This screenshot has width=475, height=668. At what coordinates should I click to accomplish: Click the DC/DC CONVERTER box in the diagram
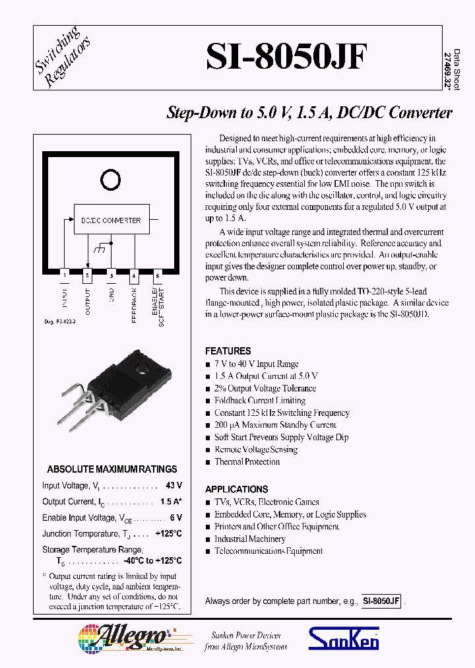pyautogui.click(x=111, y=220)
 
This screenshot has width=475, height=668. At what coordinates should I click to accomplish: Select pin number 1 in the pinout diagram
pyautogui.click(x=65, y=274)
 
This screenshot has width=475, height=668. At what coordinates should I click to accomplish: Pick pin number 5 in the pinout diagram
pyautogui.click(x=157, y=274)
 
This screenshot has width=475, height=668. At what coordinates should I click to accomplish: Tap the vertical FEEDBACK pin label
pyautogui.click(x=134, y=304)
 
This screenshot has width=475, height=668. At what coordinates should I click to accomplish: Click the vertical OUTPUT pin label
pyautogui.click(x=88, y=301)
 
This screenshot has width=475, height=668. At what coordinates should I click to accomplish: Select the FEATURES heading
pyautogui.click(x=228, y=351)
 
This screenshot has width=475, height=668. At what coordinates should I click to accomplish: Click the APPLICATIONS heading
pyautogui.click(x=236, y=489)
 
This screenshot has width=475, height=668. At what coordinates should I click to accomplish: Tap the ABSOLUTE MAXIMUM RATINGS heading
pyautogui.click(x=111, y=469)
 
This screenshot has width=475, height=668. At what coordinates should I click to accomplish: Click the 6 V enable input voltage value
pyautogui.click(x=176, y=518)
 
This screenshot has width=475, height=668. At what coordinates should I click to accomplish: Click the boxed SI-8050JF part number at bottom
pyautogui.click(x=381, y=601)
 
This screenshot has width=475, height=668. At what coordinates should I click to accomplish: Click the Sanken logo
pyautogui.click(x=344, y=638)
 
